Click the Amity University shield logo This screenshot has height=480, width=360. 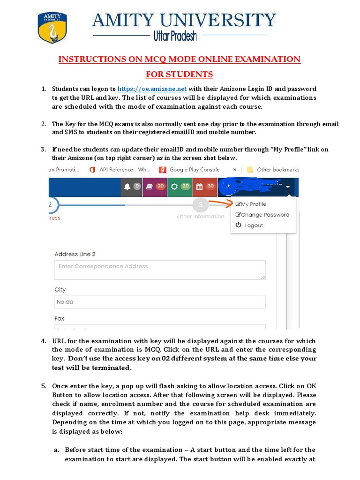pos(52,28)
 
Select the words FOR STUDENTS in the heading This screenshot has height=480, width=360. pos(180,74)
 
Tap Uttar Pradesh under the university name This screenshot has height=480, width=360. pos(175,36)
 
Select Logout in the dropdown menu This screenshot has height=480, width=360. pos(250,225)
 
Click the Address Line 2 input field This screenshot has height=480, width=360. pos(160,270)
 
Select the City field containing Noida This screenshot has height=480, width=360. pos(160,302)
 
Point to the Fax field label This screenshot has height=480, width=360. pos(60,318)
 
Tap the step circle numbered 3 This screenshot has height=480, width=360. pos(201,205)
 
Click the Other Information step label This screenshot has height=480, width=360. pos(201,217)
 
